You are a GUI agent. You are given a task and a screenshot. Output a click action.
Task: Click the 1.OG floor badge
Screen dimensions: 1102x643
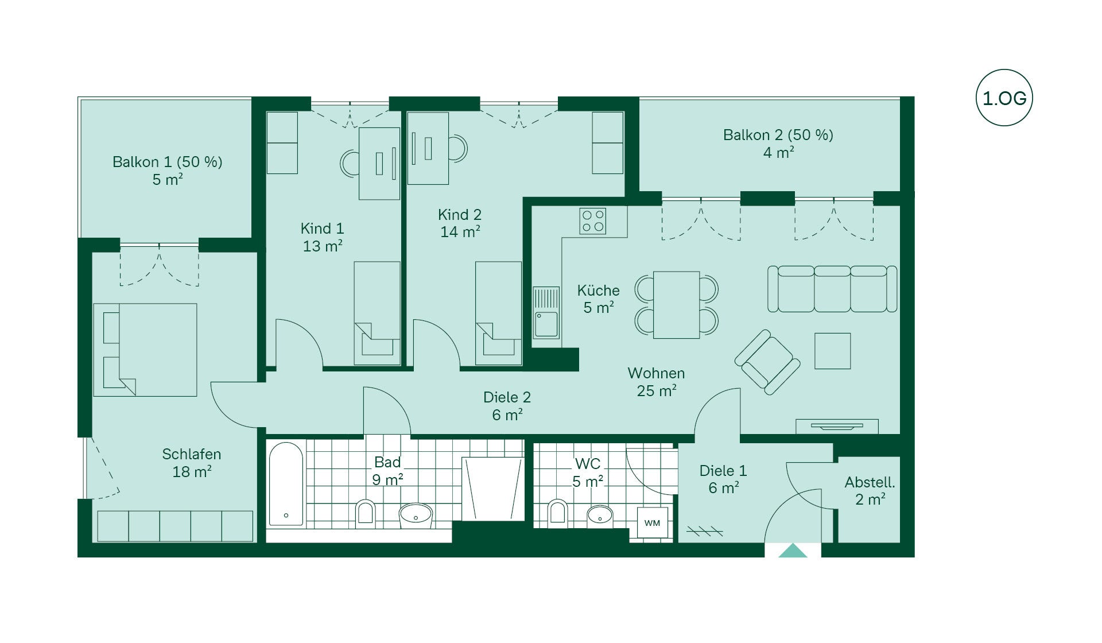click(1004, 98)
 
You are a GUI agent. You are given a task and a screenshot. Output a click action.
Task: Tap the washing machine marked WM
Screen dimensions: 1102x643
click(653, 522)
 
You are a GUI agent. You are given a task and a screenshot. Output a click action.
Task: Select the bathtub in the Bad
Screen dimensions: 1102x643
click(286, 483)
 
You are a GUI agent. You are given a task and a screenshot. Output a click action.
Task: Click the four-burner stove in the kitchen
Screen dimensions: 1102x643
click(593, 221)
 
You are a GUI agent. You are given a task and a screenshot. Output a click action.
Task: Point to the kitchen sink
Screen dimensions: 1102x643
click(546, 313)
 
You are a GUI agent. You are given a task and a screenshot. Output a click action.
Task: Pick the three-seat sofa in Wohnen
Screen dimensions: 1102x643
click(832, 289)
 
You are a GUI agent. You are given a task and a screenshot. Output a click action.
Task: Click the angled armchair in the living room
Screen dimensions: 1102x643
click(767, 362)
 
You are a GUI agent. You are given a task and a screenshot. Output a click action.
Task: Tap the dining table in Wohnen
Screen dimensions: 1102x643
click(676, 305)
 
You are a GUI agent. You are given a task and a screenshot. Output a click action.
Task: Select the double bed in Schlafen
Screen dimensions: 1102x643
click(145, 350)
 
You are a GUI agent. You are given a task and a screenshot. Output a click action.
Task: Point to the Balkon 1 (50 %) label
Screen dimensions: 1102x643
click(167, 162)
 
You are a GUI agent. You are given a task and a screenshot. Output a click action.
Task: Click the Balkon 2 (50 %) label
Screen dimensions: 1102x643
click(778, 135)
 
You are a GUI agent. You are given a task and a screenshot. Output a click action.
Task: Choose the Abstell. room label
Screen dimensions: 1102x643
click(870, 482)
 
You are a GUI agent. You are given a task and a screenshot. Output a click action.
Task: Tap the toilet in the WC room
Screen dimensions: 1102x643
click(557, 512)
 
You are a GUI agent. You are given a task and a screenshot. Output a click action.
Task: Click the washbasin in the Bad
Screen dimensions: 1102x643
click(416, 515)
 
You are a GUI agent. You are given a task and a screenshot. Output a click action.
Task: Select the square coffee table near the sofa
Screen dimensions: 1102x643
click(832, 351)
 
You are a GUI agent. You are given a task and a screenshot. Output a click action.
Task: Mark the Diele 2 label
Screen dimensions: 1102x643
click(507, 397)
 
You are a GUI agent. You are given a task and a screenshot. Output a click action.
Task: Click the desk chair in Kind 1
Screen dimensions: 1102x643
click(350, 163)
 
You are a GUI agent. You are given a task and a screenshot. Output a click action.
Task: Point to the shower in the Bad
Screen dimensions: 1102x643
click(493, 489)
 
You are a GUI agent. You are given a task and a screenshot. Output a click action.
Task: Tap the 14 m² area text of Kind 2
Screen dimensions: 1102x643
click(460, 232)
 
